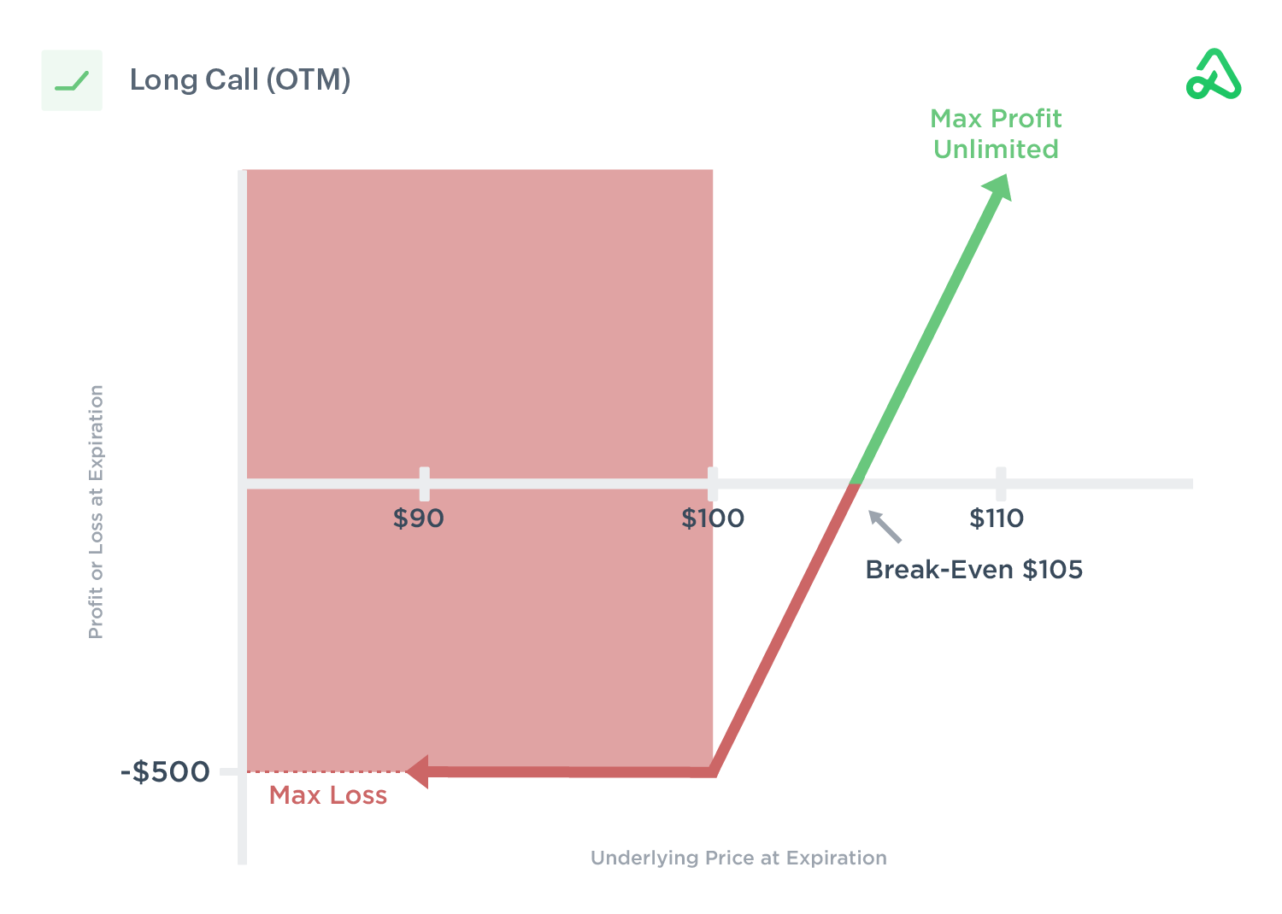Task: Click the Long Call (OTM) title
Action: pyautogui.click(x=240, y=80)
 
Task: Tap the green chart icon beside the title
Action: pyautogui.click(x=72, y=81)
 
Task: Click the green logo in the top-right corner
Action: pyautogui.click(x=1213, y=75)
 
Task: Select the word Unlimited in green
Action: pyautogui.click(x=996, y=149)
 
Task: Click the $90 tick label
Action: pyautogui.click(x=418, y=519)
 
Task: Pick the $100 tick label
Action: pyautogui.click(x=713, y=519)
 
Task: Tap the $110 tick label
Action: pyautogui.click(x=997, y=519)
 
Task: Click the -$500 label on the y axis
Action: pyautogui.click(x=165, y=772)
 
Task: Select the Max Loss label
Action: pyautogui.click(x=328, y=796)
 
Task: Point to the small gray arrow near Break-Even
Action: pyautogui.click(x=885, y=526)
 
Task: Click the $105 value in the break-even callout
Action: pyautogui.click(x=1053, y=570)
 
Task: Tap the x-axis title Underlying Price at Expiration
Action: pyautogui.click(x=738, y=858)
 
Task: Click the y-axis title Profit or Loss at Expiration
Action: pyautogui.click(x=97, y=512)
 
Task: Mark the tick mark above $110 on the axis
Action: pyautogui.click(x=1001, y=483)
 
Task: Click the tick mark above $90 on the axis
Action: pyautogui.click(x=425, y=483)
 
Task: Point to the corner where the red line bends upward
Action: pyautogui.click(x=713, y=772)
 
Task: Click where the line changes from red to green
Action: pyautogui.click(x=854, y=484)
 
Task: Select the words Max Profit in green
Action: pyautogui.click(x=996, y=119)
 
